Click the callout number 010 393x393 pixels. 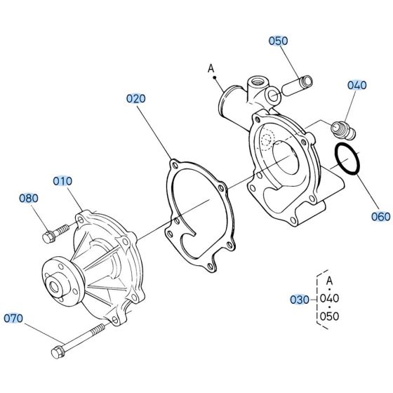click(x=62, y=180)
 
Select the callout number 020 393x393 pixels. click(x=135, y=98)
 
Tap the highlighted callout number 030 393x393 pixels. click(x=299, y=299)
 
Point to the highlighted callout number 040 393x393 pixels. click(x=357, y=86)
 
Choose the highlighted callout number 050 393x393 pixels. click(x=278, y=41)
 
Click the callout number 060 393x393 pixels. click(x=380, y=217)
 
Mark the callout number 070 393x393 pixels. click(x=14, y=318)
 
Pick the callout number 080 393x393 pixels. click(x=29, y=199)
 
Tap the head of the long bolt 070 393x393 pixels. click(x=58, y=350)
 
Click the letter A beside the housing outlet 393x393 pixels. click(x=210, y=69)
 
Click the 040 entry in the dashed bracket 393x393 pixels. click(x=329, y=298)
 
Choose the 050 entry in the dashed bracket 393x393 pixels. click(x=329, y=316)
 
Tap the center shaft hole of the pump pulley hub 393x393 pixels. click(x=53, y=285)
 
